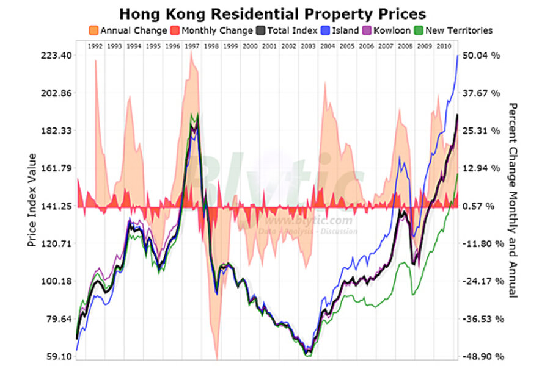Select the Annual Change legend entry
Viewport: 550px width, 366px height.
127,30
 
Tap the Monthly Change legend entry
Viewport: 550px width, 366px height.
213,30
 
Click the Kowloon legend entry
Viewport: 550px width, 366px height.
387,30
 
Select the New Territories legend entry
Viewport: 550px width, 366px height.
452,30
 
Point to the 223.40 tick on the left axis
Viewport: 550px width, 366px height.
55,56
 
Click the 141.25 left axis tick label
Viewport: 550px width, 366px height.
55,206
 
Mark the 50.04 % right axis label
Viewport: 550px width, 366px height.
482,56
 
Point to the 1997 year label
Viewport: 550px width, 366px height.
191,46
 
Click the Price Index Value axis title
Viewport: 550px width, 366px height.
32,200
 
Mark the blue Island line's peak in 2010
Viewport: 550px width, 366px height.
458,56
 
